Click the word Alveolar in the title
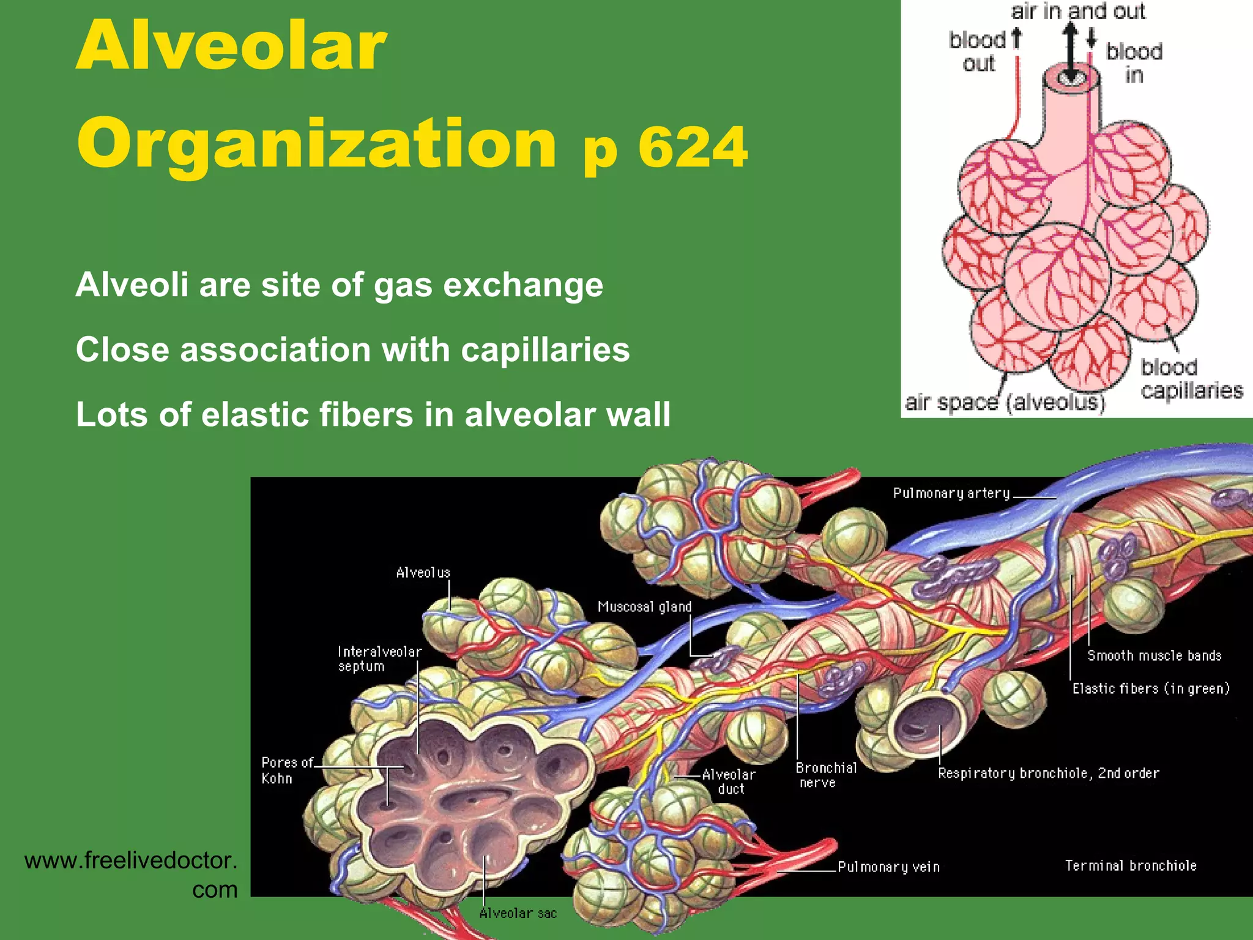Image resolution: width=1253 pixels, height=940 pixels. [231, 47]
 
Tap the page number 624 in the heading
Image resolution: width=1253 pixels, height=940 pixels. [693, 147]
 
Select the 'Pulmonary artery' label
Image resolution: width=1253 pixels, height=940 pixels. [951, 493]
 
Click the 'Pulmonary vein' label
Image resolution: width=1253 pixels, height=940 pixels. [888, 867]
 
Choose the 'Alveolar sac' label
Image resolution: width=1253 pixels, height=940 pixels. [518, 913]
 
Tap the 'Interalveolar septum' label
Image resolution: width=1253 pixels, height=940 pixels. [379, 659]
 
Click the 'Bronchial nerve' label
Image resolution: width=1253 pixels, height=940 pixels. [826, 775]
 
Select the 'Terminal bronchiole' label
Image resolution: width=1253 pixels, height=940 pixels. [1131, 865]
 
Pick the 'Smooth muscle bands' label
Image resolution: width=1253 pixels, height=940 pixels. [1154, 655]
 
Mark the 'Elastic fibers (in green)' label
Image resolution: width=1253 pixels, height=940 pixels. [1151, 688]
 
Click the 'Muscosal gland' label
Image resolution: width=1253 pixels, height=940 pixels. [644, 606]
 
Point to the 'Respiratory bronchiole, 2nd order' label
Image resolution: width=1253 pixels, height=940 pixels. [1049, 773]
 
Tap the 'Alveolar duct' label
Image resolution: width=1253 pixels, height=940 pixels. [729, 781]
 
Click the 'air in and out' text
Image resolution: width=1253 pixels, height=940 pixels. [1077, 11]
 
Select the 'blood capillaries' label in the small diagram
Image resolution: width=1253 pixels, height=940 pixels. [1191, 379]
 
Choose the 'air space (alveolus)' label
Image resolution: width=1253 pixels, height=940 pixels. [1005, 403]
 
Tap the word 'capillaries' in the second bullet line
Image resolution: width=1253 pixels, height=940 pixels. [545, 350]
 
